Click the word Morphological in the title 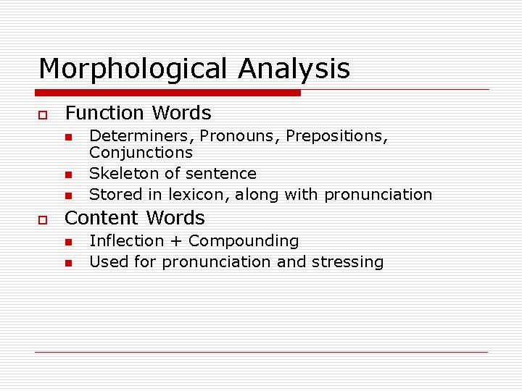point(134,70)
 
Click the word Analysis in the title point(294,70)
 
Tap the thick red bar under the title point(169,93)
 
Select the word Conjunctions point(141,153)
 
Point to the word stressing point(348,263)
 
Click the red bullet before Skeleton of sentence point(67,175)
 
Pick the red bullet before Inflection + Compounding point(67,242)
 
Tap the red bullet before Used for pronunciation point(67,263)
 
